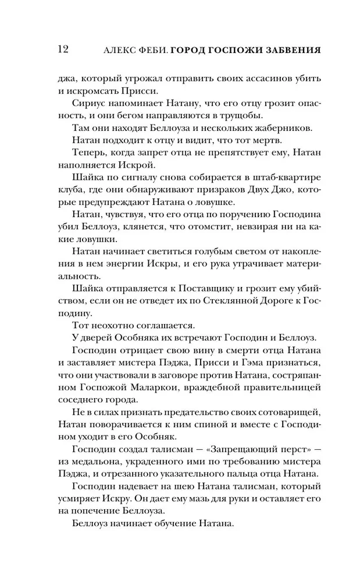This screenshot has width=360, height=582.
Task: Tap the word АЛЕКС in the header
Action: [x=125, y=50]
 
